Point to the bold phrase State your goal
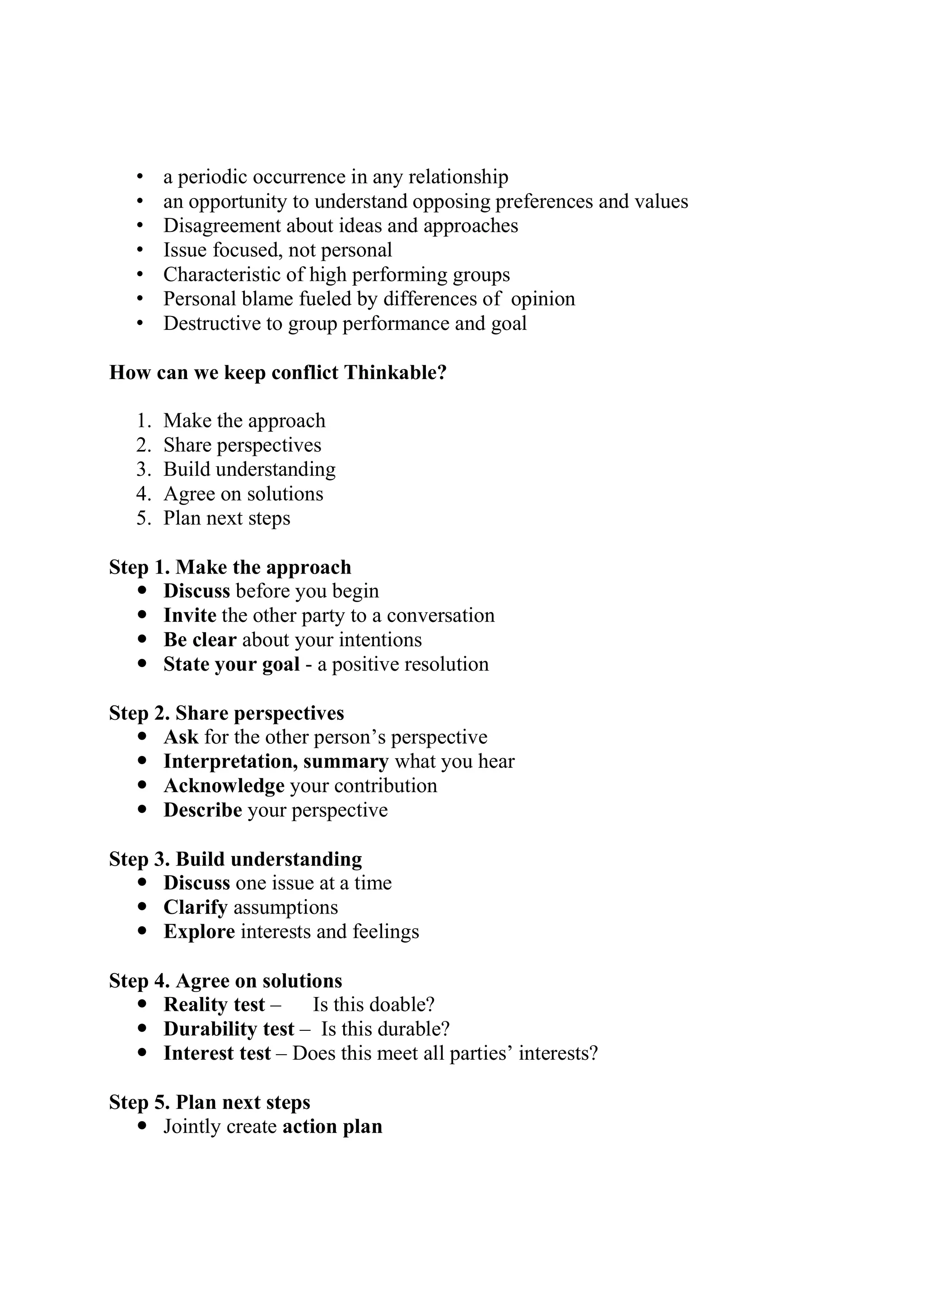(231, 664)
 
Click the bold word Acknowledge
(224, 786)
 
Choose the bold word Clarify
(196, 908)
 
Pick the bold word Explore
(199, 932)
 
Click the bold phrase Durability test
(229, 1029)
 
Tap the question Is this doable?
(374, 1004)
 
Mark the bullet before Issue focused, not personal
(140, 250)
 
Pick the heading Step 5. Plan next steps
(210, 1102)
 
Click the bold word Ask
(181, 737)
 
